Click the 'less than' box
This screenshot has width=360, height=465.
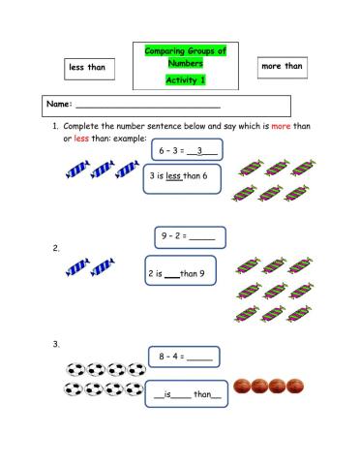[88, 68]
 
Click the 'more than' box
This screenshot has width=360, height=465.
[282, 67]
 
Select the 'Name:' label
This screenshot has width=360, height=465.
[59, 104]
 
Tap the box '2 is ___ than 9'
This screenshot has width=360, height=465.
[180, 273]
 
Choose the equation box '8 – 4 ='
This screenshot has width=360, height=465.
[184, 356]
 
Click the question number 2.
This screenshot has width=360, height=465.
[57, 248]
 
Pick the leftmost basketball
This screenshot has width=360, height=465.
[243, 386]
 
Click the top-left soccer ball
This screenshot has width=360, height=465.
[74, 370]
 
